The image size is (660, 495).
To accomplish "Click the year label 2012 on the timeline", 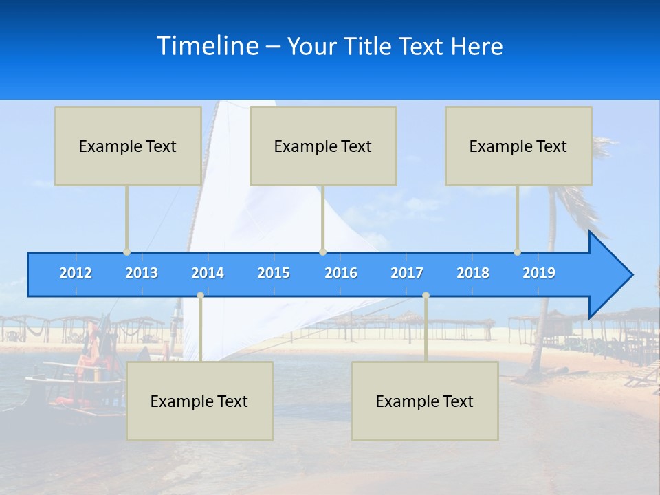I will (x=76, y=273).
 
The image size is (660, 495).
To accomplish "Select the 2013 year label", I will (x=142, y=273).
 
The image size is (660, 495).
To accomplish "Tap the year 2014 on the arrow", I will (x=208, y=273).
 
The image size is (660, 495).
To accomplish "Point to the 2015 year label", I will (x=274, y=273).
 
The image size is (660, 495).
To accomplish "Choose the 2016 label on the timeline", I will (x=341, y=273).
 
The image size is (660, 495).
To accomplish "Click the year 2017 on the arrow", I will (x=407, y=273).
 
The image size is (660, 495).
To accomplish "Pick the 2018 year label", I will (x=473, y=273).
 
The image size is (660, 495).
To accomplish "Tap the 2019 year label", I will (x=539, y=273).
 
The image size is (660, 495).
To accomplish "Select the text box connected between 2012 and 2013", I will (x=128, y=146).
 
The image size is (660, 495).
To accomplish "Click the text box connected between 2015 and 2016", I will (x=323, y=146).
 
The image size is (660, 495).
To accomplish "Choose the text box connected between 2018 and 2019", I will (x=518, y=146).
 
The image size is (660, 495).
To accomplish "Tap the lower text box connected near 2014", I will (x=199, y=401).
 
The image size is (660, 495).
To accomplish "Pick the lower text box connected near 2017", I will (x=425, y=401).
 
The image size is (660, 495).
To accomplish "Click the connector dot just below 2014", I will (x=200, y=295).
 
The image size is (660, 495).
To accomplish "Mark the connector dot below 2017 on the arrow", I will (x=426, y=295).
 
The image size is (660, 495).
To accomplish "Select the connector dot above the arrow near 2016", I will (x=322, y=252).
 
